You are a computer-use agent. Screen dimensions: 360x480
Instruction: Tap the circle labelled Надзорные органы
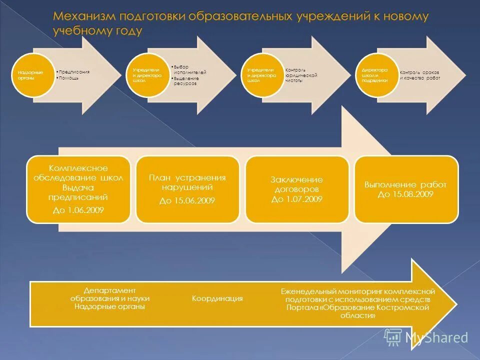pyautogui.click(x=33, y=75)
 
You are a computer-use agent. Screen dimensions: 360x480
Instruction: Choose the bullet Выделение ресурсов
pyautogui.click(x=186, y=81)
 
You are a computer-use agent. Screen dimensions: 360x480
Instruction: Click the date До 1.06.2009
pyautogui.click(x=78, y=210)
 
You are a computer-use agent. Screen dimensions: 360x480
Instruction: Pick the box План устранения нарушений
pyautogui.click(x=187, y=182)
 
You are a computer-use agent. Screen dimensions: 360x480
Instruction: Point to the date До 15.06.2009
pyautogui.click(x=187, y=201)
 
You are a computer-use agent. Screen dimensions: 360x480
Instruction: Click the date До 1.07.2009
pyautogui.click(x=297, y=199)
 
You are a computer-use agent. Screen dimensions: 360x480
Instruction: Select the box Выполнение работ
pyautogui.click(x=405, y=185)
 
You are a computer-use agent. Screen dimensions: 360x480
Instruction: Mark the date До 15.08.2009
pyautogui.click(x=405, y=194)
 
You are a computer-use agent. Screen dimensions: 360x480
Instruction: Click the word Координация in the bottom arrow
pyautogui.click(x=217, y=298)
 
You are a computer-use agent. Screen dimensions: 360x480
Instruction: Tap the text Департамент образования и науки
pyautogui.click(x=109, y=294)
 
